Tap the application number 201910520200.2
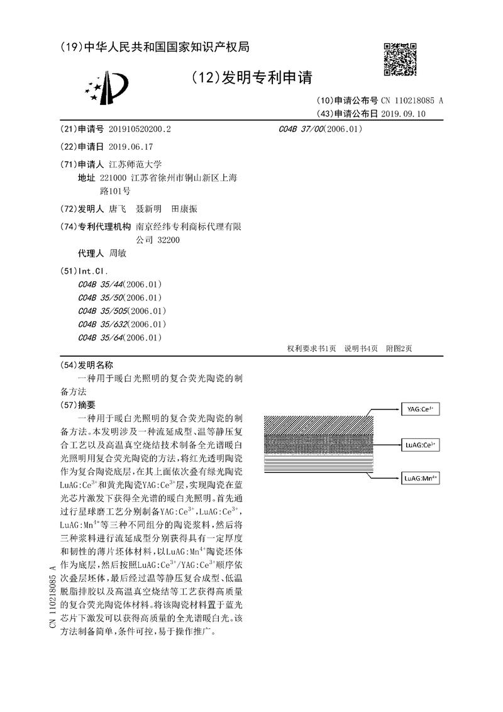click(140, 129)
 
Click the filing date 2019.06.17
click(131, 146)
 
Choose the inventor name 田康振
click(184, 209)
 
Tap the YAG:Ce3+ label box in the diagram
click(421, 409)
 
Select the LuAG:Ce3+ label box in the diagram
click(421, 445)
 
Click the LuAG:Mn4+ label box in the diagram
click(421, 479)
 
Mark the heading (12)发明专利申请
click(251, 77)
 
